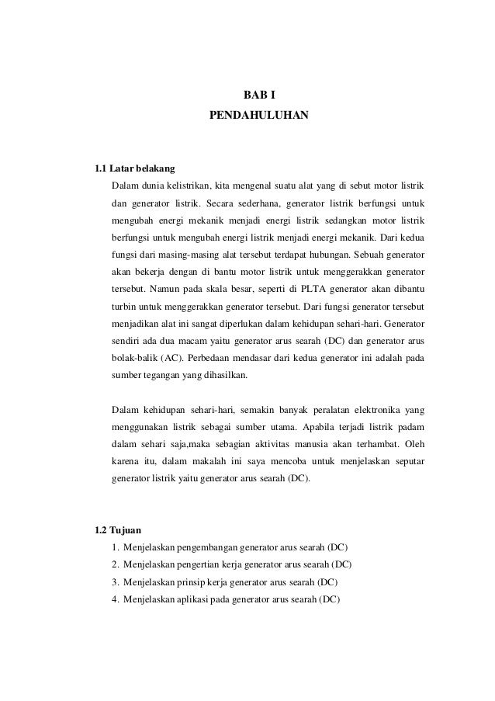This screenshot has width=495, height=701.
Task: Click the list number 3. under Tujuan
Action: click(x=116, y=582)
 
